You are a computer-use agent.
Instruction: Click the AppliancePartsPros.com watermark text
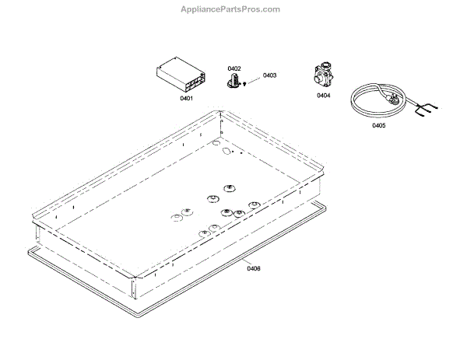coord(233,9)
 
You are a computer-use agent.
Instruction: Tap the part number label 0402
coord(234,69)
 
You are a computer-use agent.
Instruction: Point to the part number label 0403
coord(269,75)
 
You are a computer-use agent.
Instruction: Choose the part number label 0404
coord(323,96)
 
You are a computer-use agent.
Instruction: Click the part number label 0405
coord(378,125)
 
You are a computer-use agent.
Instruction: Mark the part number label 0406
coord(254,269)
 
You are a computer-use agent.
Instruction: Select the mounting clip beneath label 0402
coord(233,81)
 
